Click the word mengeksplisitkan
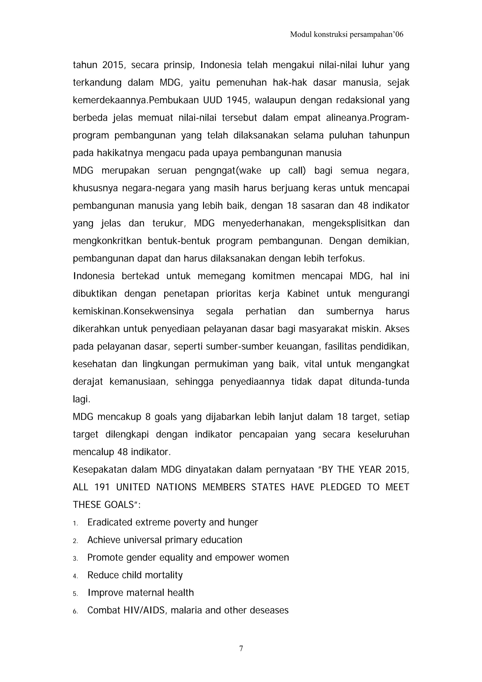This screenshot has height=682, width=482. tap(349, 223)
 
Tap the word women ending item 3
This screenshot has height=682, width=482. tap(273, 558)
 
